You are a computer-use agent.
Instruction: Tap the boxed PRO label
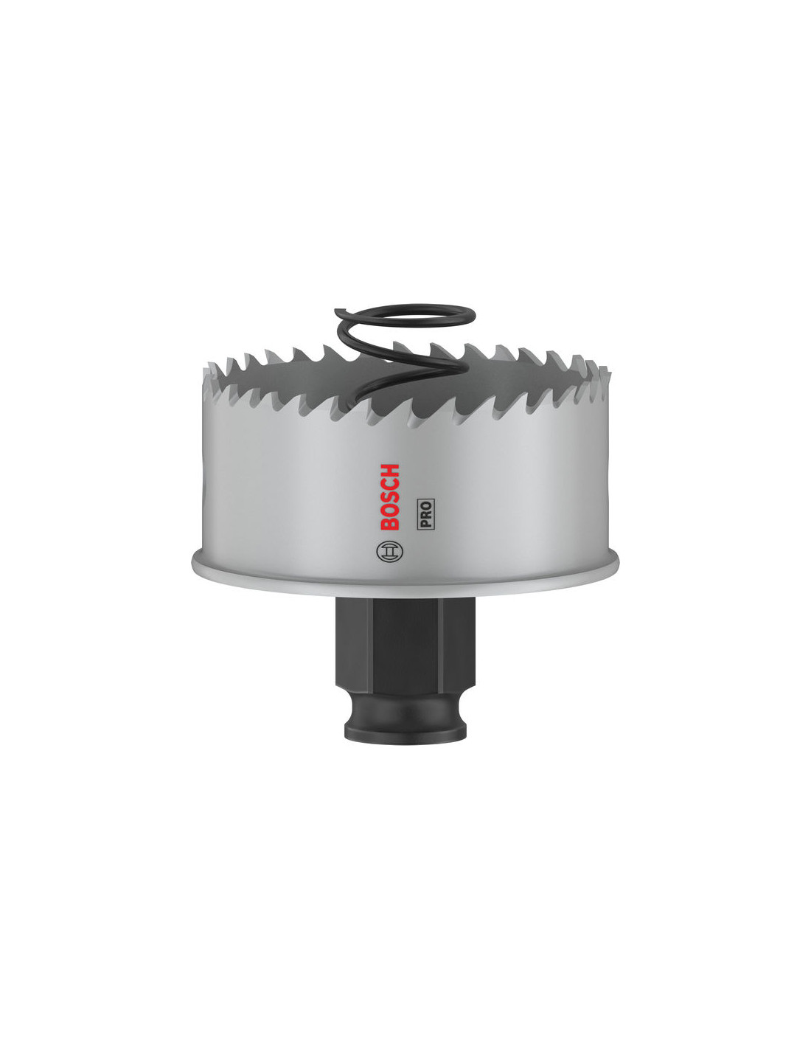[425, 514]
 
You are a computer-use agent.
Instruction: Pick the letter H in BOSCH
[390, 471]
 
